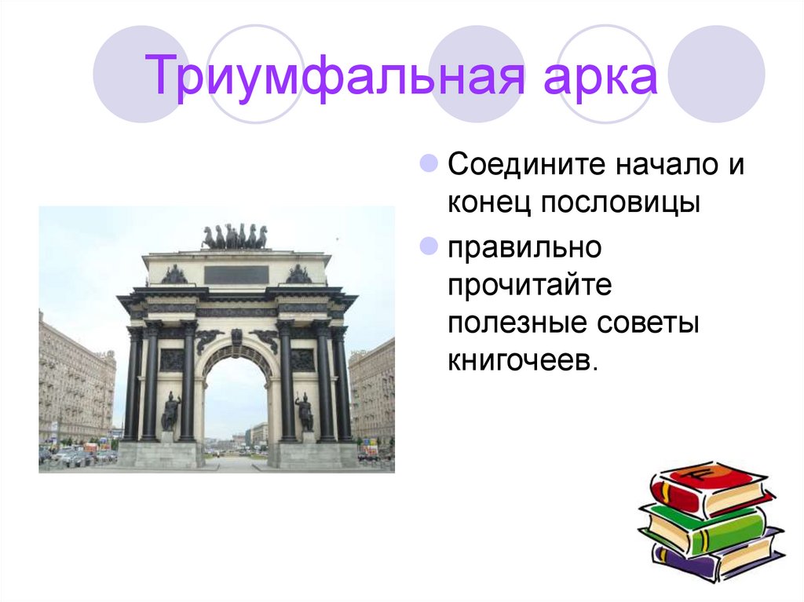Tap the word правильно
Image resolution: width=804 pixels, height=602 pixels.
pos(524,248)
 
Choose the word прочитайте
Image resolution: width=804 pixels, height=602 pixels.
pos(530,286)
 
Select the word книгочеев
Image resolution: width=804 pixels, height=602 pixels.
pos(522,362)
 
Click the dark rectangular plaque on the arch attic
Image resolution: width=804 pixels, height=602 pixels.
pos(236,275)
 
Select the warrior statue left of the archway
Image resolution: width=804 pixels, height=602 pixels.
pos(170,411)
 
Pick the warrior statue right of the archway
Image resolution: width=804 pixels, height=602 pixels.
pos(304,411)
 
